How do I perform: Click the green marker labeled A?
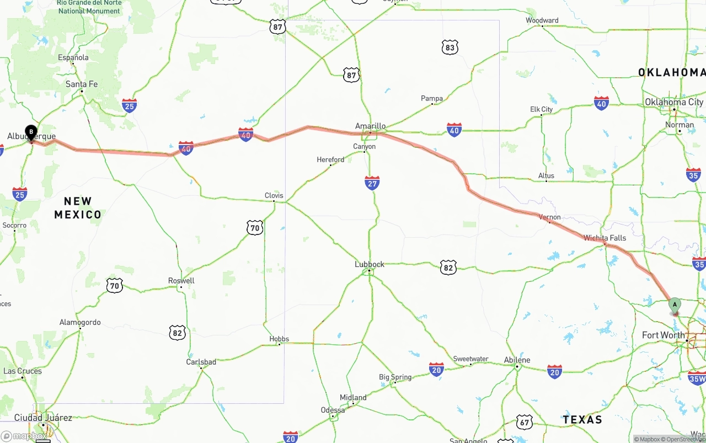tap(675, 305)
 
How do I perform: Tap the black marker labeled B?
tap(31, 132)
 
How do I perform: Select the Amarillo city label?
tap(370, 126)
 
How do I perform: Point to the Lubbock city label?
tap(370, 264)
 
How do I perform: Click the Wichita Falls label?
tap(605, 238)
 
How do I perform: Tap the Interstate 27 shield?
tap(372, 183)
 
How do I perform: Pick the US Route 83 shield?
tap(450, 47)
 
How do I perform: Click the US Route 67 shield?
tap(525, 422)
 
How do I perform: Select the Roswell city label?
tap(181, 281)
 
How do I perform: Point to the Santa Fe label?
tap(82, 84)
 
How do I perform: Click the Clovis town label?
tap(274, 195)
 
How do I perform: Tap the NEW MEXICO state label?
tap(78, 208)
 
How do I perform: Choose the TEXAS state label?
tap(582, 420)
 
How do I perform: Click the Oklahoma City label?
tap(674, 102)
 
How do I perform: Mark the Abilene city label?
tap(517, 360)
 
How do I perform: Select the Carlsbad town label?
tap(201, 362)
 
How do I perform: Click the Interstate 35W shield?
tap(697, 378)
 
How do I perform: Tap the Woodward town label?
tap(542, 20)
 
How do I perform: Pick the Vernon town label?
tap(549, 217)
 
